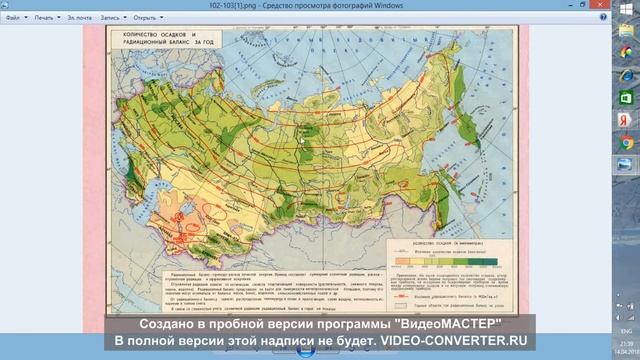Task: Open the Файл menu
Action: pos(13,17)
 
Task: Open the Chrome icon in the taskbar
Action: pos(626,142)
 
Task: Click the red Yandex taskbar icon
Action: pos(626,120)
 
